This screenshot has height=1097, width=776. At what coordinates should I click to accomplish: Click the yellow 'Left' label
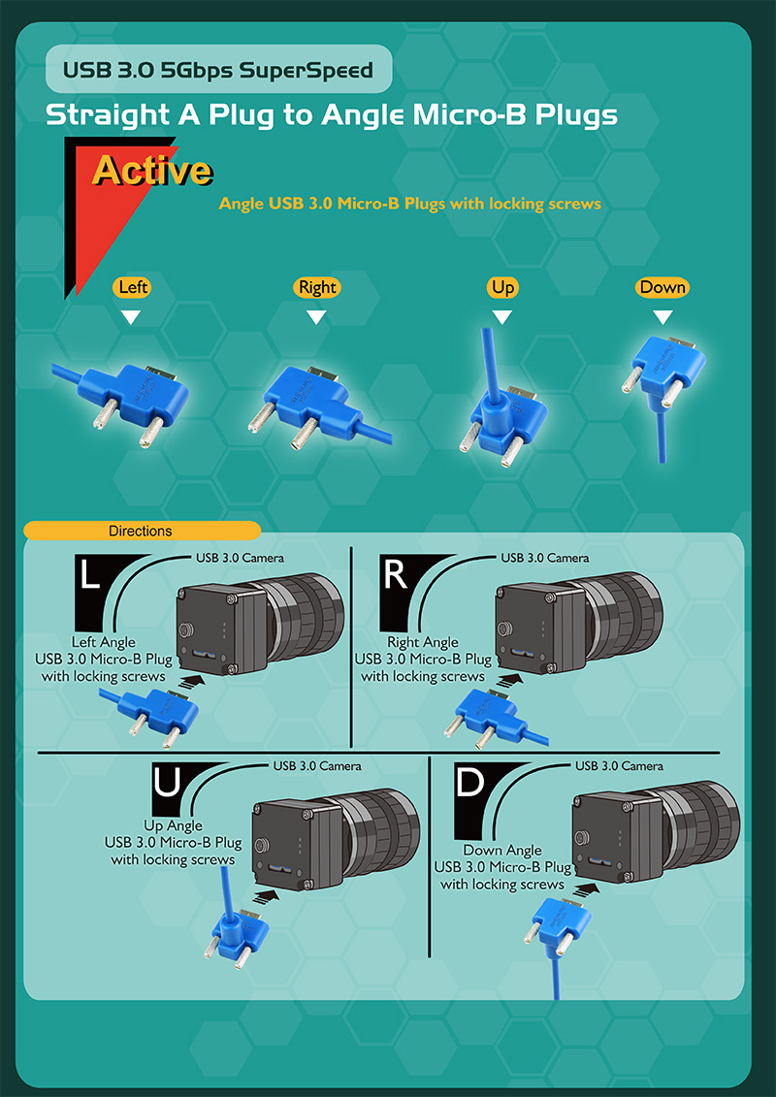coord(131,287)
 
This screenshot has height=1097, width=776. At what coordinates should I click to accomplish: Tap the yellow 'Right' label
coord(317,287)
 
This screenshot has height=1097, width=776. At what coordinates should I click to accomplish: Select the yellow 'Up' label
coord(501,287)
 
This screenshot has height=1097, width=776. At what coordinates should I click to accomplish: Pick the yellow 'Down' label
coord(663,287)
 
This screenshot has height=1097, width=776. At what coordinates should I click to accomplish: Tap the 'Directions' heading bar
coord(142,531)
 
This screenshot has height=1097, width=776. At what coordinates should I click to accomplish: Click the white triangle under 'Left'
coord(131,317)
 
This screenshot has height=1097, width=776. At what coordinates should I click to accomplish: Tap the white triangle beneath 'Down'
coord(663,317)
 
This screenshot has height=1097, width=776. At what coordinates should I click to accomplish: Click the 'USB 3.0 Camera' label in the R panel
coord(544,558)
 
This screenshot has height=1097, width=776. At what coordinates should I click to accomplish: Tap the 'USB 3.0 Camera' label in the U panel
coord(317,766)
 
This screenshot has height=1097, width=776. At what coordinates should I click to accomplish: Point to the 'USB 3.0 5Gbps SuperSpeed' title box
coord(218,69)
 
